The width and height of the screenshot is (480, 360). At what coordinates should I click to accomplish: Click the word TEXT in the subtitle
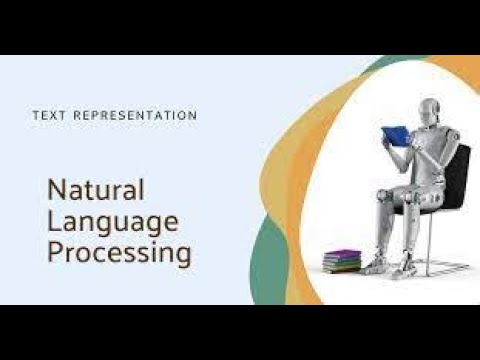pyautogui.click(x=50, y=116)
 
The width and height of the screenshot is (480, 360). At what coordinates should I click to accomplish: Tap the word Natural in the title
pyautogui.click(x=96, y=189)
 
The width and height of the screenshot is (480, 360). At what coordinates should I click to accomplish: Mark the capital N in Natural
pyautogui.click(x=57, y=189)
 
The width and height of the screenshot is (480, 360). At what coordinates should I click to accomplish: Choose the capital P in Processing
pyautogui.click(x=56, y=252)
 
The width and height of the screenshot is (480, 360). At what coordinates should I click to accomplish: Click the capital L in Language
pyautogui.click(x=55, y=220)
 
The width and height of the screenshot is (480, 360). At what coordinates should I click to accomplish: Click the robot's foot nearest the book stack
pyautogui.click(x=373, y=266)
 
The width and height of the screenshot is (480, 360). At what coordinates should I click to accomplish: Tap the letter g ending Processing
pyautogui.click(x=181, y=256)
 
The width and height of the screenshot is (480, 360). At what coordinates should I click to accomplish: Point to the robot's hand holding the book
pyautogui.click(x=409, y=140)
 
